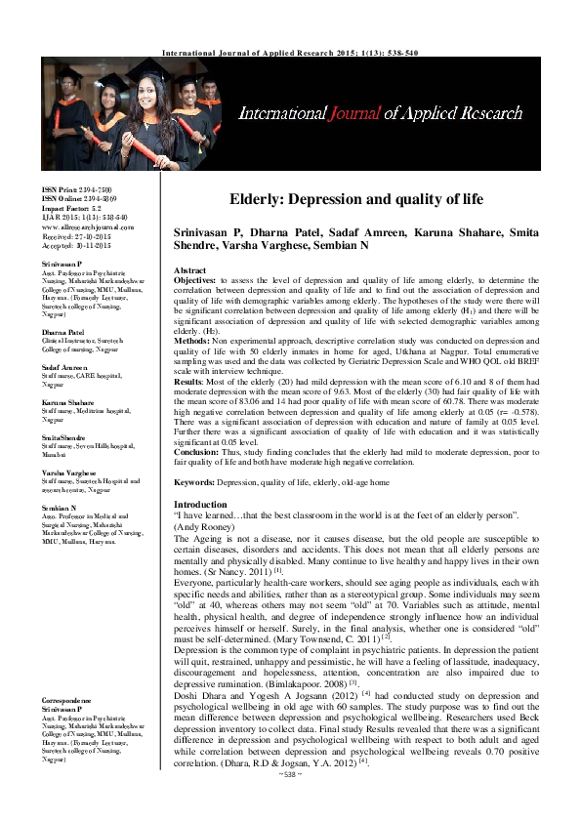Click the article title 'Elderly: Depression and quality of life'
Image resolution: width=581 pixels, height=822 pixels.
tap(356, 199)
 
